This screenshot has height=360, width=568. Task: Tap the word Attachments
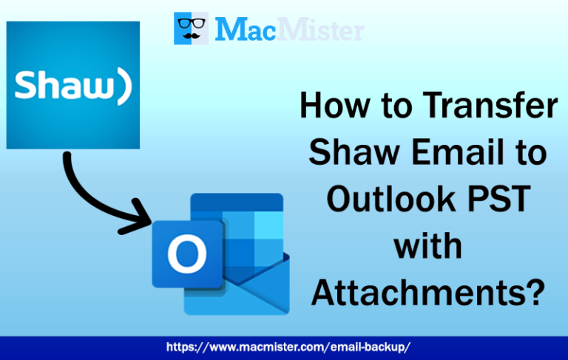click(414, 291)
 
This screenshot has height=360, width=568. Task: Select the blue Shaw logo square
click(73, 84)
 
